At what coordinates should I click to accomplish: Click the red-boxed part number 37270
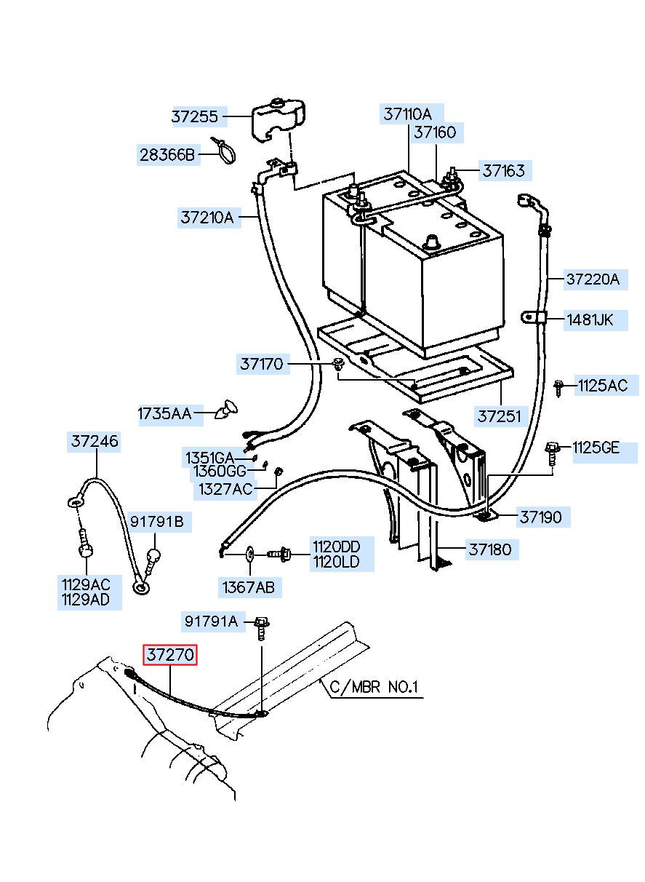tap(170, 654)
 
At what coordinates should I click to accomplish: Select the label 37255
tap(195, 116)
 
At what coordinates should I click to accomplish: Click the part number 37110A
tap(407, 114)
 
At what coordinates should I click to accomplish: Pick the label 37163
tap(504, 171)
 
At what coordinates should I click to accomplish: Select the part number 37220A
tap(593, 279)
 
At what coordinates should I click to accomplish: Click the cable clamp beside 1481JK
tap(534, 317)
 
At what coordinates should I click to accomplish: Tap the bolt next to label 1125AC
tap(558, 388)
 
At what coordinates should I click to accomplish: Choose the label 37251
tap(499, 416)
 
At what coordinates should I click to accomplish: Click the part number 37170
tap(262, 364)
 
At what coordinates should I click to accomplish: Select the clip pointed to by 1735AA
tap(227, 410)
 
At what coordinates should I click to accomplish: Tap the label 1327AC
tap(225, 489)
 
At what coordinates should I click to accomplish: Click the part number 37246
tap(95, 441)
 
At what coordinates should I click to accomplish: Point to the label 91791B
tap(157, 521)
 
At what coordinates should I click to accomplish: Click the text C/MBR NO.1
tap(374, 687)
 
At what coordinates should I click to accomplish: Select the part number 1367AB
tap(248, 587)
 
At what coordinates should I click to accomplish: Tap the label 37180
tap(490, 549)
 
